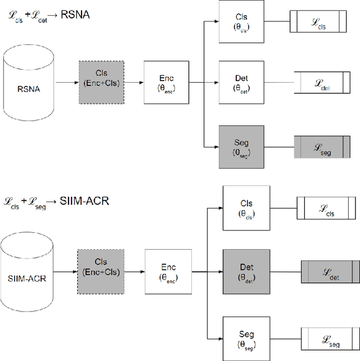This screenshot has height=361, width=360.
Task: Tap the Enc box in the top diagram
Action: pos(166,83)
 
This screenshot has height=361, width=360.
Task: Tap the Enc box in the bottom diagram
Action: pos(168,272)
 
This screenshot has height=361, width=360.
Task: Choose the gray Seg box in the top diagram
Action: pos(241,147)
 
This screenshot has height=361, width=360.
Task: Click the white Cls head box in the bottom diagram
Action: pos(246,208)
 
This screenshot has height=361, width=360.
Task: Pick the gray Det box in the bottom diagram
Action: pos(246,272)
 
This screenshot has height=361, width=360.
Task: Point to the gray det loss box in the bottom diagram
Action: pos(330,272)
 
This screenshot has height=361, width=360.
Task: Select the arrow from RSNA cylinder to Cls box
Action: pos(68,83)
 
